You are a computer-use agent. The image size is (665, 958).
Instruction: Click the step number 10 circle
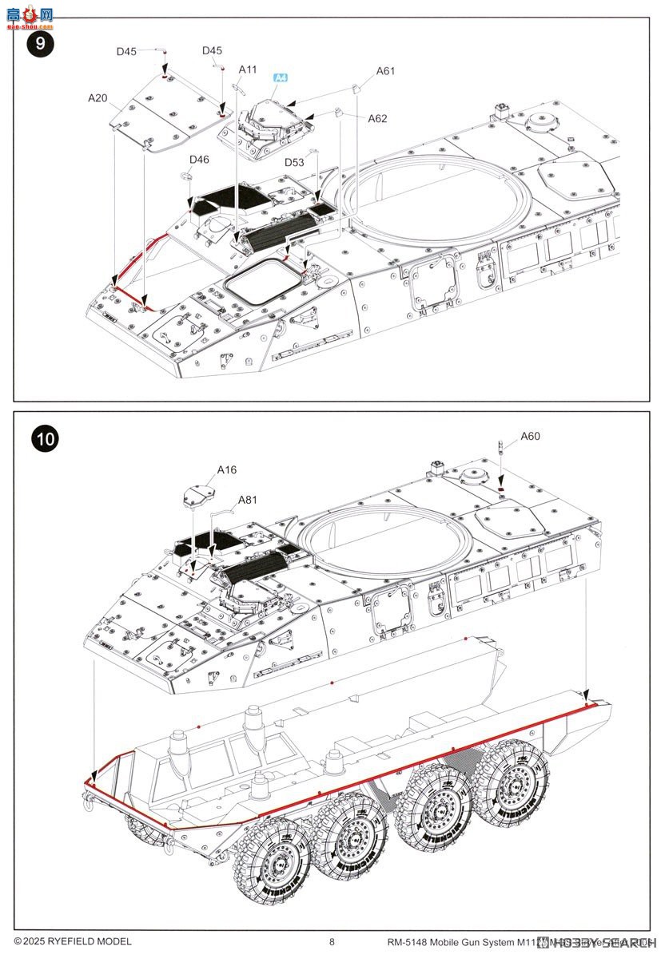pos(46,438)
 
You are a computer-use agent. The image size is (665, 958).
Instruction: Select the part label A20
pos(98,98)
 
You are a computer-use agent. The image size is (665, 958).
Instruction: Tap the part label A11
pos(248,69)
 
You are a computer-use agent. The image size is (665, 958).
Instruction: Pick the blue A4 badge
pos(281,77)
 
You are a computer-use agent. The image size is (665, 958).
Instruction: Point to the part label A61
pos(386,71)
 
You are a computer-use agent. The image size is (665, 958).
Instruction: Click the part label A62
pos(377,118)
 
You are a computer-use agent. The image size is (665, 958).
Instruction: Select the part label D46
pos(199,160)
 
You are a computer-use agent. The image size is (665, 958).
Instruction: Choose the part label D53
pos(294,163)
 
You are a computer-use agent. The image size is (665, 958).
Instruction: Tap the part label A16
pos(227,470)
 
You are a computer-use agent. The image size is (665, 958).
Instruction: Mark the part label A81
pos(248,501)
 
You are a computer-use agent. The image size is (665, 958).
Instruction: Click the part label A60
pos(530,436)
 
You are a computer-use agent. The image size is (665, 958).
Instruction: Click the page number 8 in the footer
pos(332,942)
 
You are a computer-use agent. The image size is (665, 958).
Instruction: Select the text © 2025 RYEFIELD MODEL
pos(73,942)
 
